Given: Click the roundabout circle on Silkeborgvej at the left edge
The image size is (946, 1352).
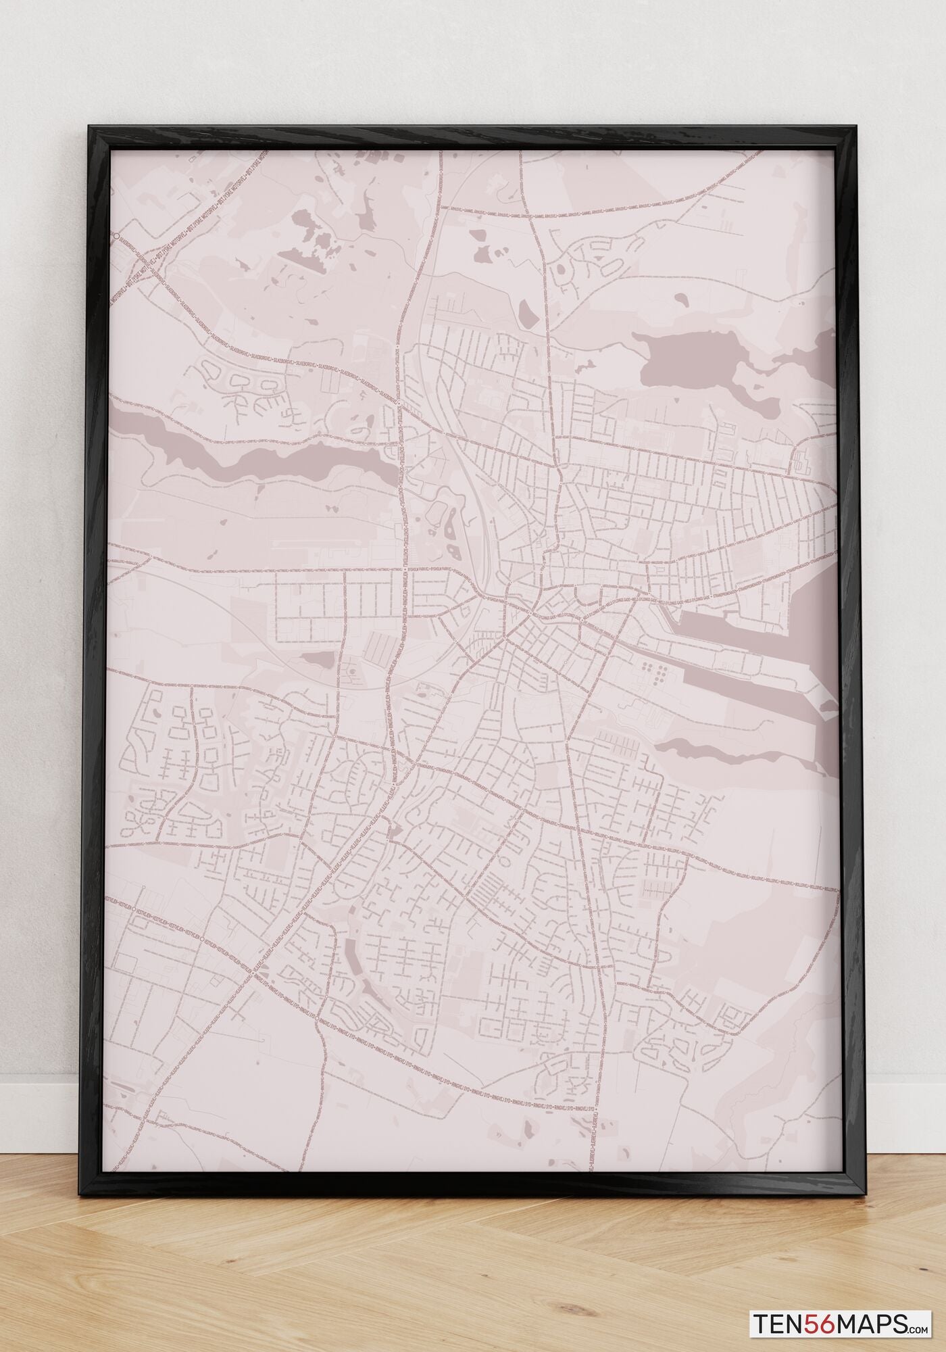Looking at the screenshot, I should pyautogui.click(x=117, y=236).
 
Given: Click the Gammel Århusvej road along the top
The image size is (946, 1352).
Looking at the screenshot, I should pyautogui.click(x=608, y=208).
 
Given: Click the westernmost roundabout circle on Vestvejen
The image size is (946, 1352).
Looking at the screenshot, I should pyautogui.click(x=134, y=909).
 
